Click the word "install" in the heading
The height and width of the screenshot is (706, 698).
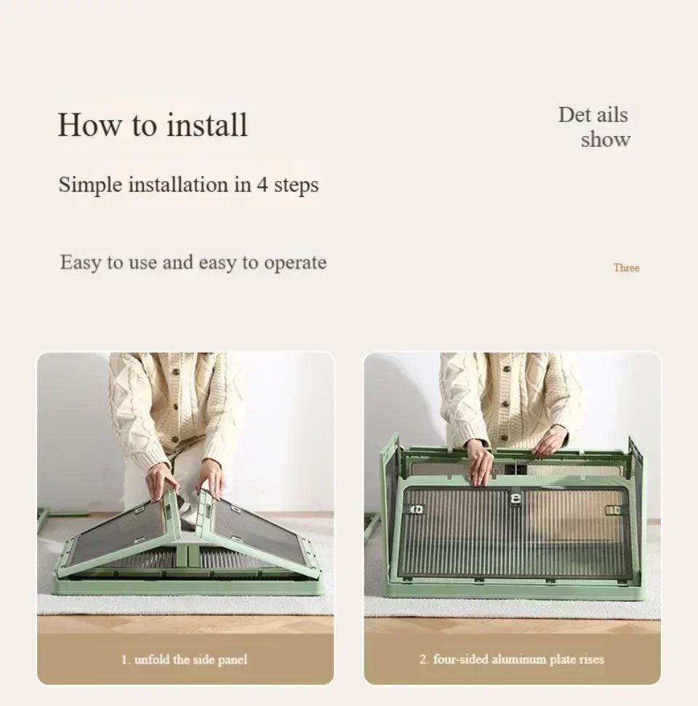206,125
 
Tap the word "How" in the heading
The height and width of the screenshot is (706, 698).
89,125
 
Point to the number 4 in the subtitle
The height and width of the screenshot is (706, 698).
262,185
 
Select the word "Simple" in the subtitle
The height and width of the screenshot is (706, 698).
90,185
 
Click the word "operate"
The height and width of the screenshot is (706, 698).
295,263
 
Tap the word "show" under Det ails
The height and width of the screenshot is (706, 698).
605,140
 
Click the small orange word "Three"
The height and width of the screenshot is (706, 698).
626,268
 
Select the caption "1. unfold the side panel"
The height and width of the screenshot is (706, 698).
184,659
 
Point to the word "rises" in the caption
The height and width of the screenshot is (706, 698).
591,659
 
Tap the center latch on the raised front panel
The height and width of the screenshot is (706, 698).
516,499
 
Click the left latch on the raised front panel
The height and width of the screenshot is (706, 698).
417,509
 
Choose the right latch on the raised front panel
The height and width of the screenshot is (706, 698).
614,510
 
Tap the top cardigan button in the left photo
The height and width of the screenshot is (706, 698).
176,372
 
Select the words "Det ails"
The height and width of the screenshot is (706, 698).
593,115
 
